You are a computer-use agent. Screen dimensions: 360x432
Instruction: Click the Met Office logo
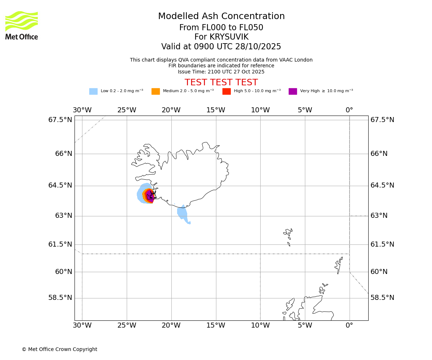(22, 25)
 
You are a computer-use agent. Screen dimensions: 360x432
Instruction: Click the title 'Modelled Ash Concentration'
(221, 17)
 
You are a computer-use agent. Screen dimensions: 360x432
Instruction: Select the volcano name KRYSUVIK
(221, 37)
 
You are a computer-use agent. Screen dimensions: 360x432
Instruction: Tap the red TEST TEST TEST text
(221, 83)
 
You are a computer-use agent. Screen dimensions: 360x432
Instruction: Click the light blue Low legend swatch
(93, 91)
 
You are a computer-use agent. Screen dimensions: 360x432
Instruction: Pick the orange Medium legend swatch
(156, 91)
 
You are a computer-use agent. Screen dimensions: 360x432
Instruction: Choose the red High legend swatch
(226, 91)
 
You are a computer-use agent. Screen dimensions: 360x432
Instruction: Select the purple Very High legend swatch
(293, 91)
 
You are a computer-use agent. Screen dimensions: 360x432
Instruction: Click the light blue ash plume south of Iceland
(183, 213)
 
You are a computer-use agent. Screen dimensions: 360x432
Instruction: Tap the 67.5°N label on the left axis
(60, 120)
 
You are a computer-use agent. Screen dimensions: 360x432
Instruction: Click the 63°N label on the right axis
(379, 216)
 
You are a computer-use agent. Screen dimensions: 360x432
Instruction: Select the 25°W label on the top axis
(127, 110)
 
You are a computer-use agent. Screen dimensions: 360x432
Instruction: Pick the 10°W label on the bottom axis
(260, 325)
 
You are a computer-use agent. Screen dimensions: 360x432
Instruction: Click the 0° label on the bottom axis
(349, 325)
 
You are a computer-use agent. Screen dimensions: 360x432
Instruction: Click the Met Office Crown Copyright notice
(59, 349)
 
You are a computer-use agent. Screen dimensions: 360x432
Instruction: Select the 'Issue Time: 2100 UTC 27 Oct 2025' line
(221, 72)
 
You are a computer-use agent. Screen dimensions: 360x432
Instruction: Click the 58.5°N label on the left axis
(60, 298)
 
